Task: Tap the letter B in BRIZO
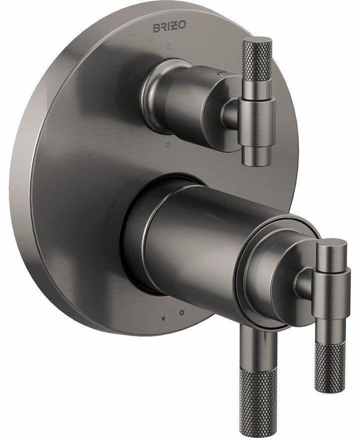tap(156, 27)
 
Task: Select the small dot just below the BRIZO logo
tap(168, 46)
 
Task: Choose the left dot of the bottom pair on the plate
tap(163, 318)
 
